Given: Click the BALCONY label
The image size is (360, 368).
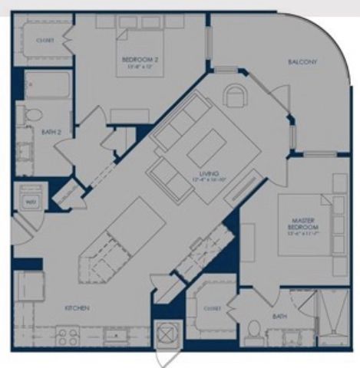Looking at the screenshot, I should tap(303, 62).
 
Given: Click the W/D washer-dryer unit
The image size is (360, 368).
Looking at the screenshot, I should tap(31, 202).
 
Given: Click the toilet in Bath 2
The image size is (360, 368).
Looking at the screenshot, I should tap(31, 115).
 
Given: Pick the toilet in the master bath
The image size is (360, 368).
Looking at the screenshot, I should tap(253, 331).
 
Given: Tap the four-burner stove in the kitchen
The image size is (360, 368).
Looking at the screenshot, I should tap(67, 335).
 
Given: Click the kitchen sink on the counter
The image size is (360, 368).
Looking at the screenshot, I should tap(117, 335).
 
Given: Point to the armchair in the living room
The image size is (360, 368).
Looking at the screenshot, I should tap(236, 96).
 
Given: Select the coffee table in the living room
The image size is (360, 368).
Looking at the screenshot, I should tap(207, 146).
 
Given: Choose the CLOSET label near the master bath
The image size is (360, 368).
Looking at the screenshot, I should tap(212, 308).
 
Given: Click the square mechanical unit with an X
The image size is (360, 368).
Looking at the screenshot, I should tap(167, 334).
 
